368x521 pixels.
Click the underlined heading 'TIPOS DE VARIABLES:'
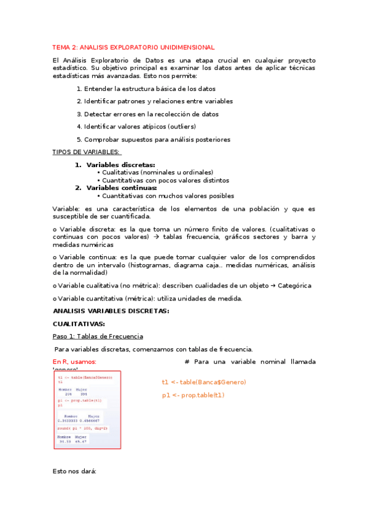click(x=86, y=152)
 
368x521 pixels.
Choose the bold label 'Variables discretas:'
click(x=120, y=165)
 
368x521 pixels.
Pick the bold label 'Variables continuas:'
click(x=122, y=188)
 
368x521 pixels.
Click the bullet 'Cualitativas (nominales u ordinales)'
click(x=158, y=173)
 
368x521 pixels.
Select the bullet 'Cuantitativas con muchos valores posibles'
click(x=168, y=196)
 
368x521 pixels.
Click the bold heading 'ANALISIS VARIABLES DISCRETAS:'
click(x=111, y=311)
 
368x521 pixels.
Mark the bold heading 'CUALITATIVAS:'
click(x=79, y=324)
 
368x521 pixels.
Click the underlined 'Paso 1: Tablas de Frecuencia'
click(x=98, y=336)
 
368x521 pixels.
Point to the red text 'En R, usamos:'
click(x=74, y=362)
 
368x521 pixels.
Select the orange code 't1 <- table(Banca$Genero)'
click(x=204, y=382)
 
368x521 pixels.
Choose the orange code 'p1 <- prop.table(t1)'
click(x=194, y=395)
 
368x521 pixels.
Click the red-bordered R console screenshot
click(x=86, y=409)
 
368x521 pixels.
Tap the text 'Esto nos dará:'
click(x=75, y=471)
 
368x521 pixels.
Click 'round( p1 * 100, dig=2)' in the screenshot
click(x=83, y=428)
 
